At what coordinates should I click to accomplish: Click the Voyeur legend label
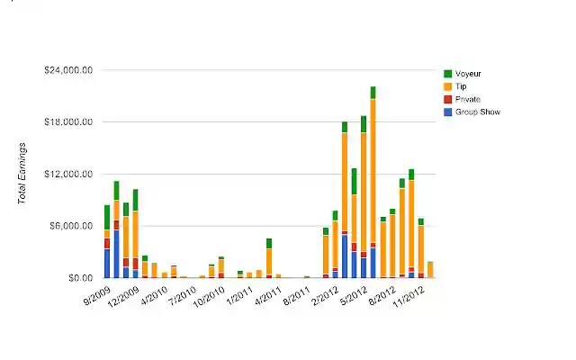tap(470, 73)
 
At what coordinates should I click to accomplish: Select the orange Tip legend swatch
tap(447, 86)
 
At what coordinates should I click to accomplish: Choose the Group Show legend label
tap(477, 112)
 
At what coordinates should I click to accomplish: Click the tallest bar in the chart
tap(373, 180)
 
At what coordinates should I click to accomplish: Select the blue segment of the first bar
tap(106, 263)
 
